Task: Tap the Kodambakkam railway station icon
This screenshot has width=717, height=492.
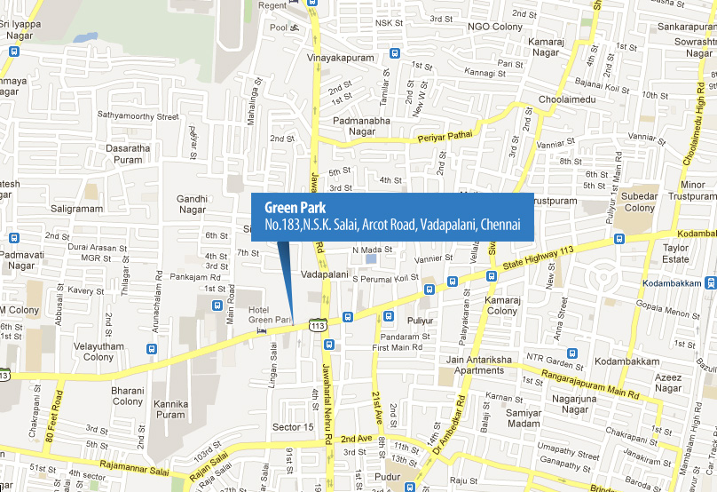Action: click(710, 283)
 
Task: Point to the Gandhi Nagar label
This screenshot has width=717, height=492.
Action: click(192, 205)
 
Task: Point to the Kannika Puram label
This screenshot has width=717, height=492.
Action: click(170, 409)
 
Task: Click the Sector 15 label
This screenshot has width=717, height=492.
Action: click(293, 427)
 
